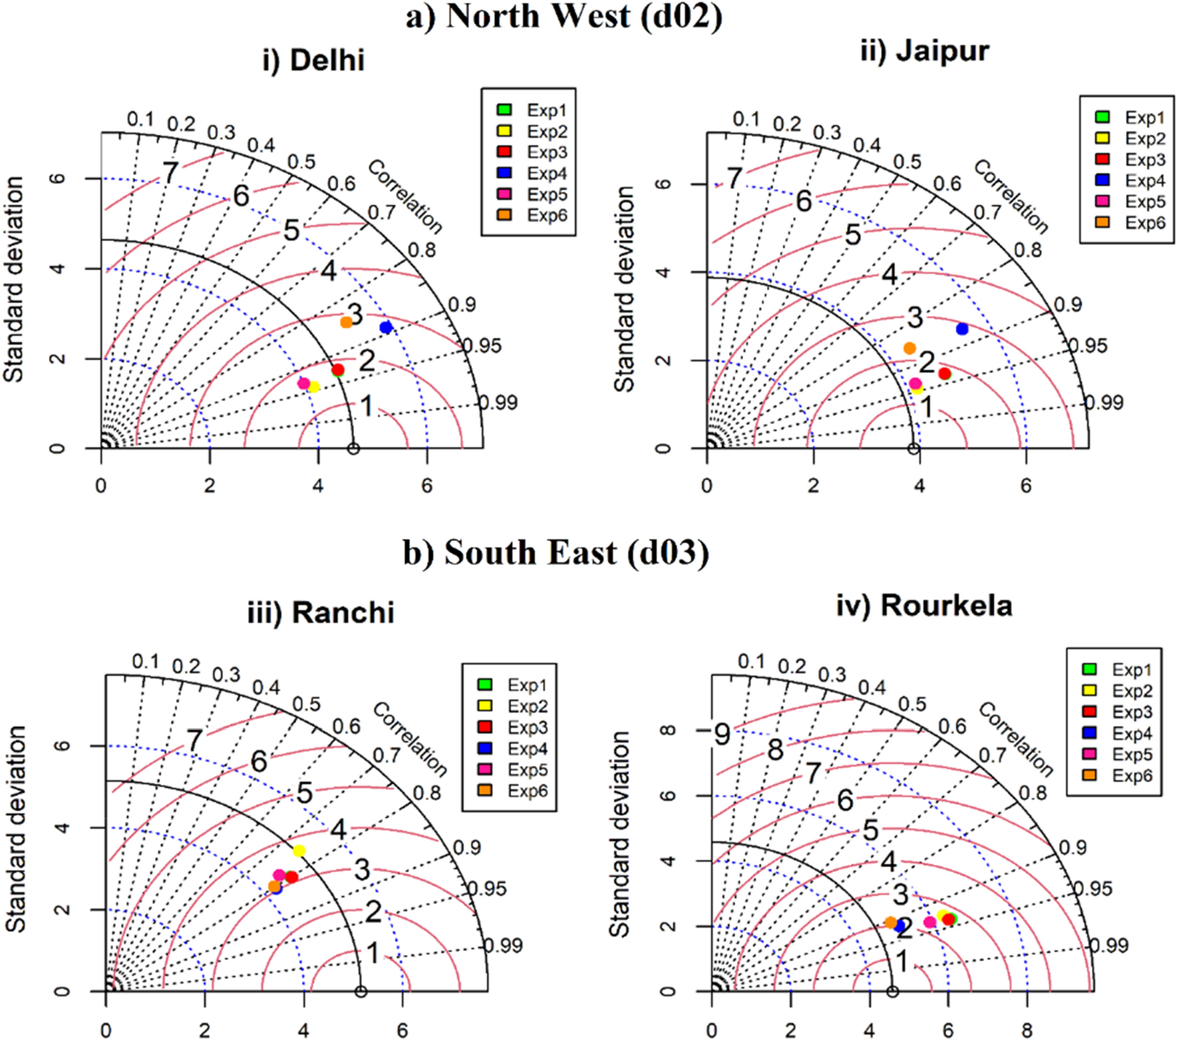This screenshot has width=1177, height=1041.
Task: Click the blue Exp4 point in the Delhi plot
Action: pyautogui.click(x=386, y=327)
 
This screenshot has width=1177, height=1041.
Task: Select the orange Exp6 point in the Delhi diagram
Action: pyautogui.click(x=346, y=322)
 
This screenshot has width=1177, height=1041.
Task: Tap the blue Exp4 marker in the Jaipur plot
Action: pyautogui.click(x=961, y=329)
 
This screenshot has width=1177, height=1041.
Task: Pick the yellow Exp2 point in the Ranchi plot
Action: pyautogui.click(x=299, y=851)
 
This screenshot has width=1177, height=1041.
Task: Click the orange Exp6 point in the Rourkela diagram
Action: pyautogui.click(x=890, y=923)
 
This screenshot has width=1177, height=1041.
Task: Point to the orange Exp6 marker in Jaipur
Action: pyautogui.click(x=910, y=348)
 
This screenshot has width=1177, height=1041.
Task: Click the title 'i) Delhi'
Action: pyautogui.click(x=313, y=61)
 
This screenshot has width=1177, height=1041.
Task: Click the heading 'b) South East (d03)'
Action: pyautogui.click(x=556, y=553)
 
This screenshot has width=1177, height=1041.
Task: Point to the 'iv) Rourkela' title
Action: pyautogui.click(x=924, y=606)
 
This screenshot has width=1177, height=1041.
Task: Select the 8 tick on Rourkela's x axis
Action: pyautogui.click(x=1027, y=1030)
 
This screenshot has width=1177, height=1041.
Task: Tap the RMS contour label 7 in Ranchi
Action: pyautogui.click(x=194, y=739)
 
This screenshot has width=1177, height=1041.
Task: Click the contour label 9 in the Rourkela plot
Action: pyautogui.click(x=722, y=734)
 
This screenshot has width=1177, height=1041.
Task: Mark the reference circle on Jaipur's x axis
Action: pyautogui.click(x=914, y=449)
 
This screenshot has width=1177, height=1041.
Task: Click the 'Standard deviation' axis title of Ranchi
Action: pyautogui.click(x=16, y=829)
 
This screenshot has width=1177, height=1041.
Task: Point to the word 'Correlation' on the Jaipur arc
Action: pyautogui.click(x=1011, y=196)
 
